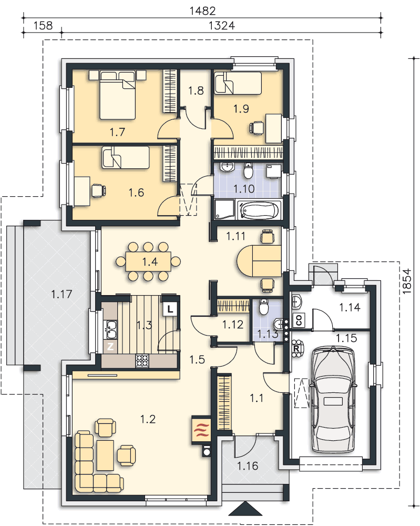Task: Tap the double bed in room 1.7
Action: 117,95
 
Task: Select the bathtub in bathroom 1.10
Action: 258,210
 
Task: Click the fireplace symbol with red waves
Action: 201,430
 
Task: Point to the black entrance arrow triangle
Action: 245,508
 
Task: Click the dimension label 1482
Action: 202,11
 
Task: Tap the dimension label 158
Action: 43,25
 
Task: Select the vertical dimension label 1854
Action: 406,281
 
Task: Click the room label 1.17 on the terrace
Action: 62,294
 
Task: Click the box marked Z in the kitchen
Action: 110,347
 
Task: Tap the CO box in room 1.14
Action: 299,320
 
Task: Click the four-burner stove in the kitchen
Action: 142,361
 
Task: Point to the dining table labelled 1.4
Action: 148,261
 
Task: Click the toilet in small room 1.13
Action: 264,306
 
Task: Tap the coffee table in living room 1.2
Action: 105,456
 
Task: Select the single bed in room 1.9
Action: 238,83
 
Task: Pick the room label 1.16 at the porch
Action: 248,466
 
